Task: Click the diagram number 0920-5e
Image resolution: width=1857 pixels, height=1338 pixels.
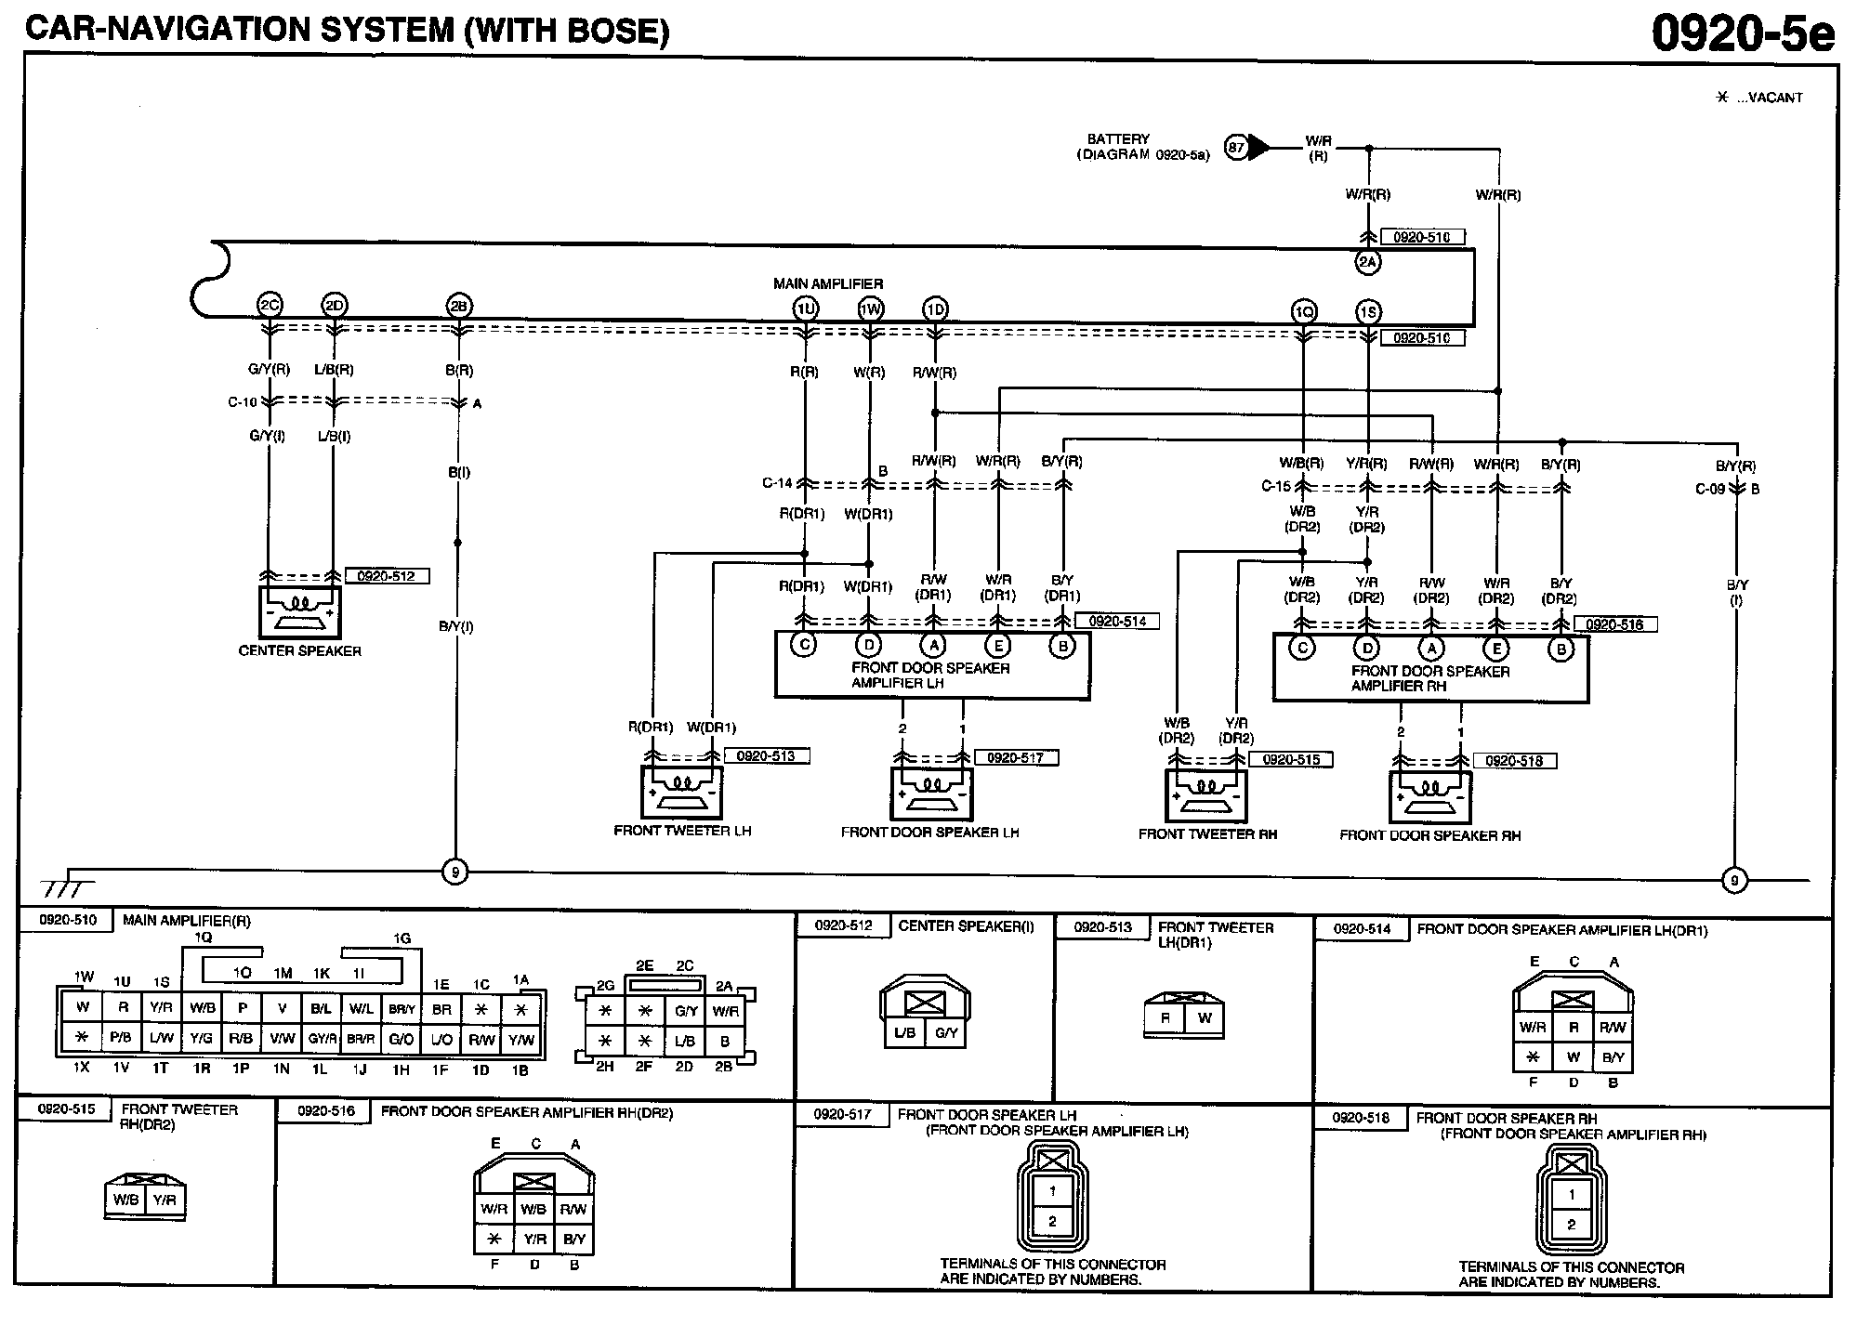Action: [x=1743, y=34]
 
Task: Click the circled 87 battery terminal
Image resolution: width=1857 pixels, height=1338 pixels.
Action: [x=1236, y=147]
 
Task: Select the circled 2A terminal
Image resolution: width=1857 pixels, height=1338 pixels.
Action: [x=1367, y=263]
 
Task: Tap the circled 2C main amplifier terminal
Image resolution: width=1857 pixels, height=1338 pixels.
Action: [x=269, y=305]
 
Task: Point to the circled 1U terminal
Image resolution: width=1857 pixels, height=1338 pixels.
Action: [x=805, y=309]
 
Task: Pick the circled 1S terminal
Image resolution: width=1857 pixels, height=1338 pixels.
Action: [x=1367, y=312]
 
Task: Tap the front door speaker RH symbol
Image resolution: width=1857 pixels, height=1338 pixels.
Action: [x=1430, y=797]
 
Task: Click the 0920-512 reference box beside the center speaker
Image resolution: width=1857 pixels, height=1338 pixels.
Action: [x=386, y=576]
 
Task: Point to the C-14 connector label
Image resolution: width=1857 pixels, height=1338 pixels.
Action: [x=777, y=483]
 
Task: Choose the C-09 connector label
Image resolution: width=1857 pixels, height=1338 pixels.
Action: [x=1710, y=489]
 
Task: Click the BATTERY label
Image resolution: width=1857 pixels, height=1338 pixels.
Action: [x=1119, y=139]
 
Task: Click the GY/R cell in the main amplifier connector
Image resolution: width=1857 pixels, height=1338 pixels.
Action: [x=322, y=1040]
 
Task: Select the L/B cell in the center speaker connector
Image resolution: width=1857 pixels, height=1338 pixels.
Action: [x=904, y=1031]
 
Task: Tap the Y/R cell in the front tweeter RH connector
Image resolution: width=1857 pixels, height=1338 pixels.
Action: [x=165, y=1200]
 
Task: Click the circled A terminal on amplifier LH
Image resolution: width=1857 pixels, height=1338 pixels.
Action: [x=932, y=646]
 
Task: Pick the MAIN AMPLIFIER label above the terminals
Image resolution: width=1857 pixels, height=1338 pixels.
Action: [x=828, y=283]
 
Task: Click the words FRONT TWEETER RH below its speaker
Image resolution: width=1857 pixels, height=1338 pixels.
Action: [x=1207, y=834]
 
